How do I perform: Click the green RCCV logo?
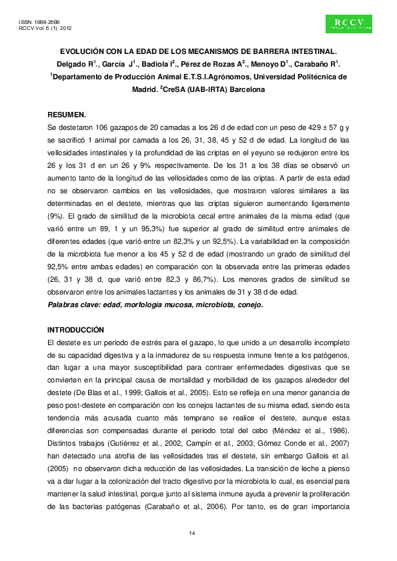(x=348, y=24)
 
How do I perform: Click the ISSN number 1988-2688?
(x=47, y=23)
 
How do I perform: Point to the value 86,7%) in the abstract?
(x=203, y=280)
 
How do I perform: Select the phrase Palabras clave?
(x=71, y=305)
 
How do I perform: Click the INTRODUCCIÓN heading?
(x=76, y=330)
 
